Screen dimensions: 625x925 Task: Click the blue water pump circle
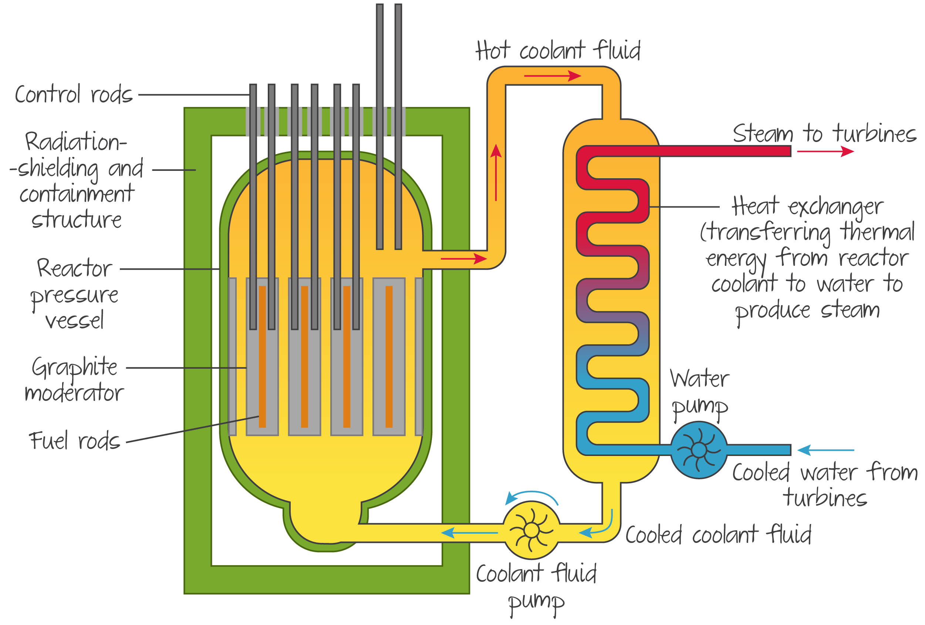click(699, 450)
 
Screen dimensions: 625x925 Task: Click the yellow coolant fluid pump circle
click(531, 530)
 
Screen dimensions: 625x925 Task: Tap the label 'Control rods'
click(74, 95)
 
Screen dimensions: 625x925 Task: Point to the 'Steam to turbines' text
click(824, 134)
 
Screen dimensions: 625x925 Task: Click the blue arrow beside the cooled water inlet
click(826, 450)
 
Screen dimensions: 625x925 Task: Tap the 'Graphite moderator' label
click(74, 379)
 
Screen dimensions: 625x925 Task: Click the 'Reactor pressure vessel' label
click(74, 293)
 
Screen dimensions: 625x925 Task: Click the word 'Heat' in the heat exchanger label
click(755, 206)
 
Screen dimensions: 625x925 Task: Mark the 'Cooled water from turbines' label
click(825, 485)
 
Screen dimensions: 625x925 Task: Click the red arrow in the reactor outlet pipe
click(464, 259)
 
